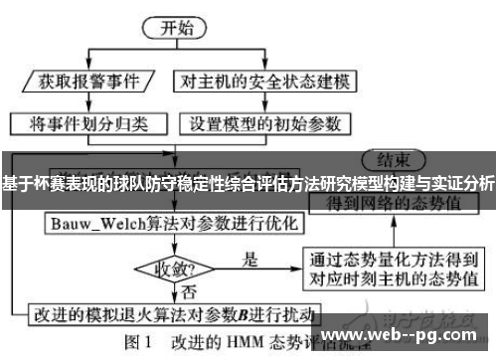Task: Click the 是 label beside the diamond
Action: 249,259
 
